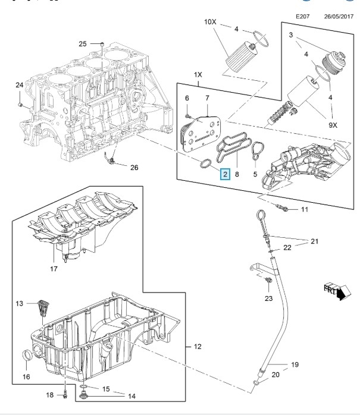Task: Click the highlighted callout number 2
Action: click(x=225, y=174)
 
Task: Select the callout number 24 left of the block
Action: click(x=19, y=86)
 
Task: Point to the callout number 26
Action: click(x=134, y=168)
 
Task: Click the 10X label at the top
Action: click(x=211, y=22)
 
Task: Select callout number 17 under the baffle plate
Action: click(x=54, y=269)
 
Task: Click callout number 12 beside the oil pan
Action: click(x=198, y=345)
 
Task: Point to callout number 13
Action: click(x=18, y=304)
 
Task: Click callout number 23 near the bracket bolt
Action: click(x=268, y=298)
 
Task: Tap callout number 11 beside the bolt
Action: click(x=304, y=209)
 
